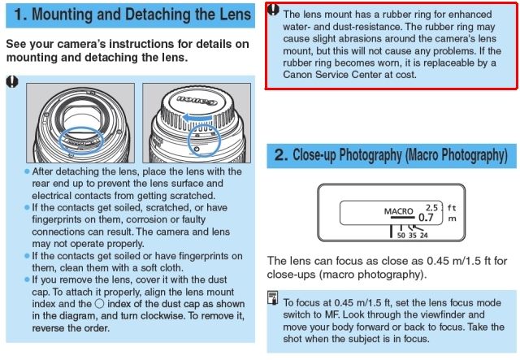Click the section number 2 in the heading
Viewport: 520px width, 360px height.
(x=282, y=154)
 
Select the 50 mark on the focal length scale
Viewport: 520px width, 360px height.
(x=401, y=236)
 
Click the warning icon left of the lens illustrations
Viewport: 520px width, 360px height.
(x=12, y=81)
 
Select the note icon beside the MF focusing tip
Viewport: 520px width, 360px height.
(x=273, y=300)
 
